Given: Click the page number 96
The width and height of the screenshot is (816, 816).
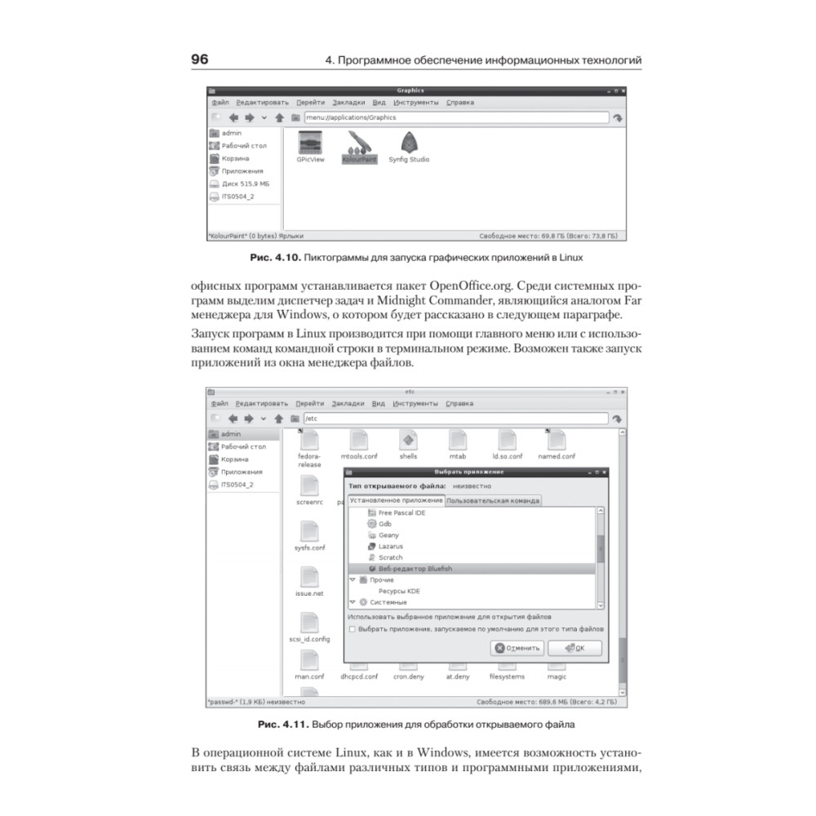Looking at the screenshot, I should point(200,60).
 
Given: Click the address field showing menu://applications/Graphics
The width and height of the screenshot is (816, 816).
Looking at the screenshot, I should point(455,118).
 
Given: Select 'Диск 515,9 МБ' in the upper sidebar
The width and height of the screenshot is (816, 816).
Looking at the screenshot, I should point(245,184).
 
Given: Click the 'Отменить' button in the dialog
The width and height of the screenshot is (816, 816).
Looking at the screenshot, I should point(517,648).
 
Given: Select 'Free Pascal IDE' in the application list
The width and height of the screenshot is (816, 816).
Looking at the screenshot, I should point(401,512).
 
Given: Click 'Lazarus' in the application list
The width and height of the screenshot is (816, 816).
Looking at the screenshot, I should point(390,546).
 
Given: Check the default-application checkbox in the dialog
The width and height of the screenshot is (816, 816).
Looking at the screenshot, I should point(352,630).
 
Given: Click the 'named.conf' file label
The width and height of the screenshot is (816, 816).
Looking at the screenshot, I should point(557,457).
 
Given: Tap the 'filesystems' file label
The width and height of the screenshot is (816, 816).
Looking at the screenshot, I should point(507,676).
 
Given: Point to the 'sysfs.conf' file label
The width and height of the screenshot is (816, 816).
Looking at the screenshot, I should point(310,548).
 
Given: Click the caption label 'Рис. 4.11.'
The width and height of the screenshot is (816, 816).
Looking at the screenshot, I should point(281,724).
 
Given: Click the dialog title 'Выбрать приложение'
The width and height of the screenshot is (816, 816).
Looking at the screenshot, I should point(473,472).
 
